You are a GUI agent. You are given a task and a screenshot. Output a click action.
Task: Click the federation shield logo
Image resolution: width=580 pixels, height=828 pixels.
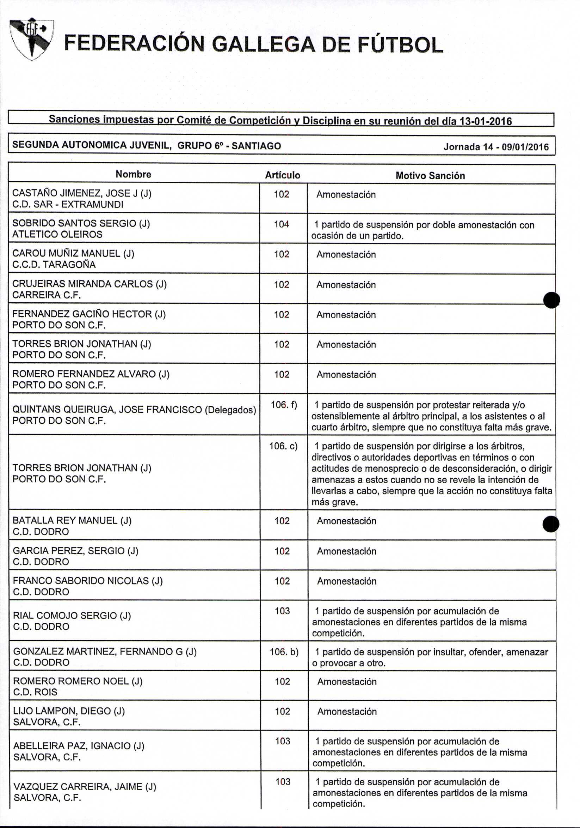32,38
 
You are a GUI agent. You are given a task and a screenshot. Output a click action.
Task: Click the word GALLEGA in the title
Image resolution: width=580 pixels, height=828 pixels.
263,45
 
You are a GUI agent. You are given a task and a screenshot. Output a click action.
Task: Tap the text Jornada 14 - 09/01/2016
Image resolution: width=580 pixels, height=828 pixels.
496,147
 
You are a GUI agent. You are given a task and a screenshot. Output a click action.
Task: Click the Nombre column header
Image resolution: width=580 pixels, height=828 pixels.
133,175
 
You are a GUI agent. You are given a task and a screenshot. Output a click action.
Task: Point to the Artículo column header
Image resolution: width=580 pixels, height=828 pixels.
283,175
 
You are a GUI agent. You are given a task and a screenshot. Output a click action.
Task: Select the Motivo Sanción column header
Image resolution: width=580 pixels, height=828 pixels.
430,176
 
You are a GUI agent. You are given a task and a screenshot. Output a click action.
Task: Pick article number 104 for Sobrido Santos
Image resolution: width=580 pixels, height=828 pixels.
281,224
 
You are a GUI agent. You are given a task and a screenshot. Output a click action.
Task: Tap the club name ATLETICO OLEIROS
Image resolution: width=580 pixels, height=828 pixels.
57,234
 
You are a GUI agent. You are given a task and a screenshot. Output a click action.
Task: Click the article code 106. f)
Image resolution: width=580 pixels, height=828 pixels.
284,405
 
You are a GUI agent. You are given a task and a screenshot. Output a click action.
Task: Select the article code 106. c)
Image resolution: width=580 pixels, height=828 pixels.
284,446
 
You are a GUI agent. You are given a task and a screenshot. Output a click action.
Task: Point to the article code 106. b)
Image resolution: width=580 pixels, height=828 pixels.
284,652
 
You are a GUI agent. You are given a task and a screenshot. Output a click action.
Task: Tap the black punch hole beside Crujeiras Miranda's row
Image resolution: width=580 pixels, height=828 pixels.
551,300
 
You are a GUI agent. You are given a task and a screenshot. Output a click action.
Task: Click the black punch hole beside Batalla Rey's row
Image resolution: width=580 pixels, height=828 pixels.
551,524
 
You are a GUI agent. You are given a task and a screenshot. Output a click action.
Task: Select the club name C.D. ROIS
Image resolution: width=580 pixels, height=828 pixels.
35,692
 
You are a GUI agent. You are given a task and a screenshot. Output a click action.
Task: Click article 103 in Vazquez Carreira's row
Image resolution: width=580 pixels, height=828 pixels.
283,782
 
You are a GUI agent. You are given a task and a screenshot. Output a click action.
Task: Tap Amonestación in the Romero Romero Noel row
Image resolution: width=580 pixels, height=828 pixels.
347,682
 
